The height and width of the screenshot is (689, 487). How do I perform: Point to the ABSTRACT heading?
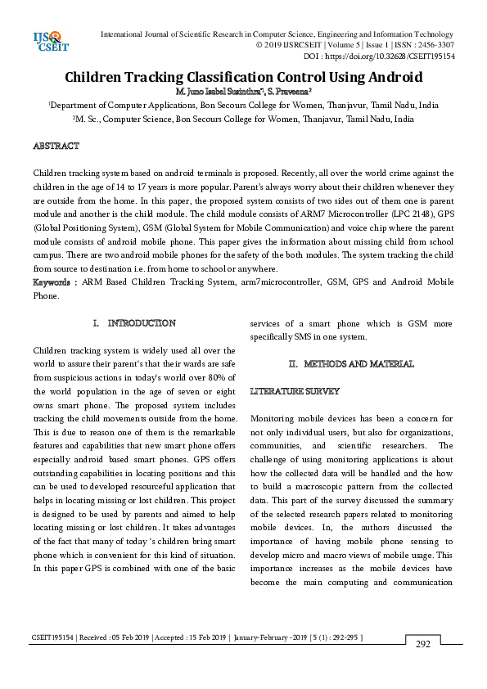[x=56, y=146]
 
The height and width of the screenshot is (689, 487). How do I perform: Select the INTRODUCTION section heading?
[x=142, y=323]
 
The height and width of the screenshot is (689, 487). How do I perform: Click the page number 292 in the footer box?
[x=422, y=645]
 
